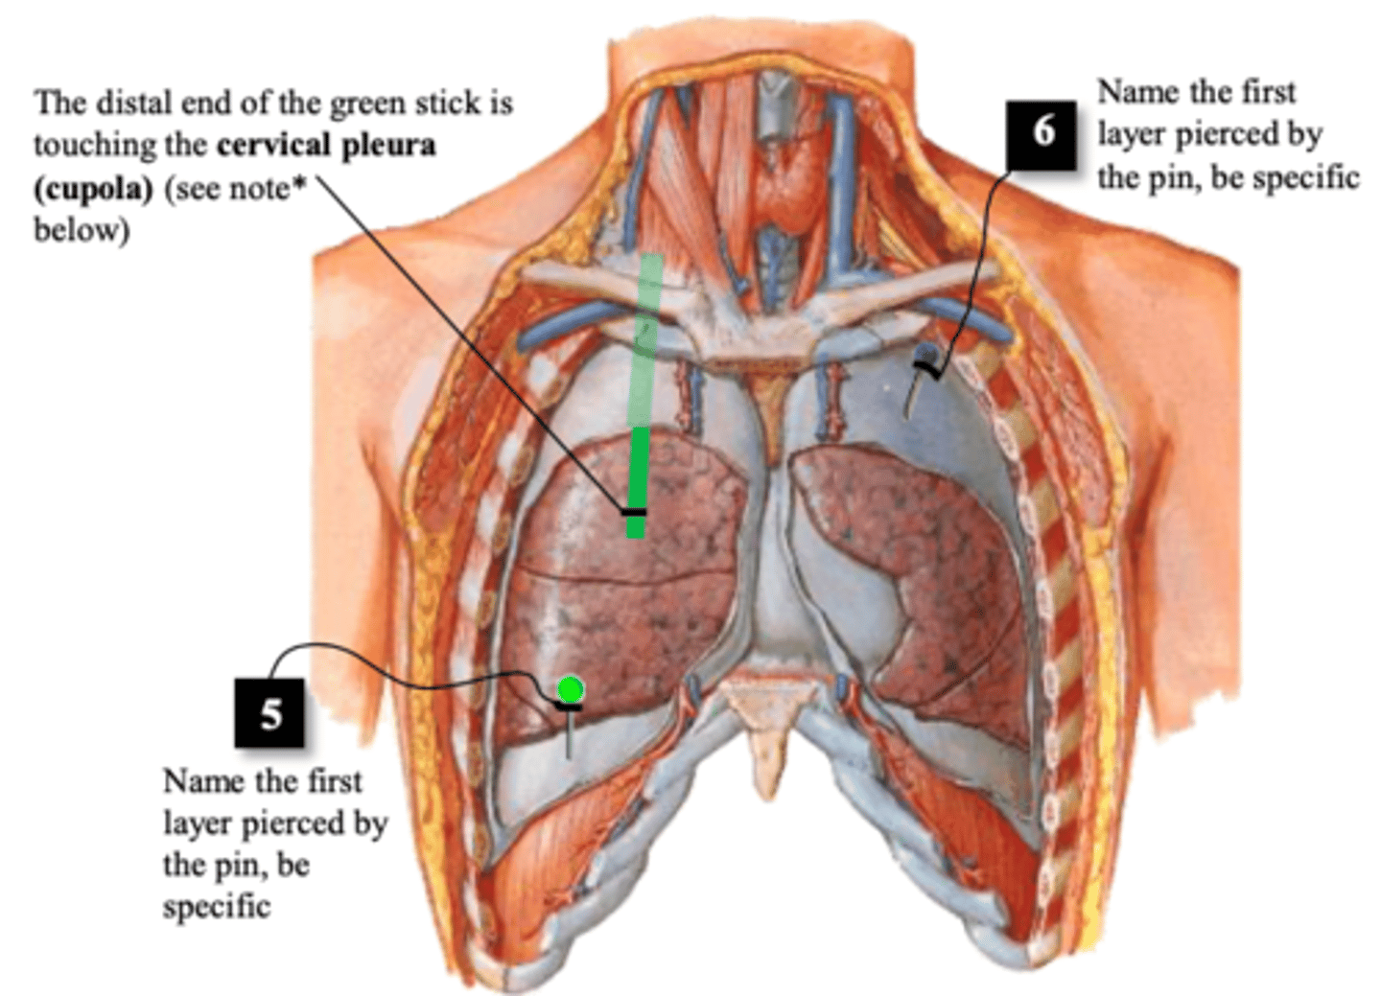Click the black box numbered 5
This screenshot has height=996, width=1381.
269,713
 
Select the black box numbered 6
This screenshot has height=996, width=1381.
1042,135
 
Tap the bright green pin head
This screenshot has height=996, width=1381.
570,689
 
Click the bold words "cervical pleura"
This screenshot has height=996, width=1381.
326,146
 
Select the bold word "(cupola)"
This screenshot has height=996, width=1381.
93,189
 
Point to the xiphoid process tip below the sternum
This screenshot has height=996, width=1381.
767,794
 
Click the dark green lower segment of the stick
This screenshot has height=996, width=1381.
637,482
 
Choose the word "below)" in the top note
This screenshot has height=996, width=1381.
82,231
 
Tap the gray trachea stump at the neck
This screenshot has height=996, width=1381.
773,108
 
